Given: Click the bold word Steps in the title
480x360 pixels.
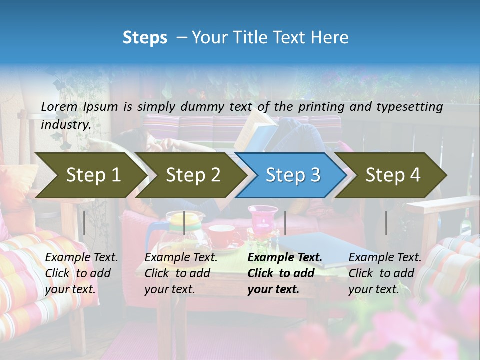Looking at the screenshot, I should pos(145,38).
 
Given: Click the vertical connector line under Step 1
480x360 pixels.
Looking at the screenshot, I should pos(84,223).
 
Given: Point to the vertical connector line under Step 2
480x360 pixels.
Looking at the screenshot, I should pos(184,223).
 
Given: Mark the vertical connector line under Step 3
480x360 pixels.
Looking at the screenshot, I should pos(285,223).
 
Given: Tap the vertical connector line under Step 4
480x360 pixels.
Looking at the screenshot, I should pos(386,223).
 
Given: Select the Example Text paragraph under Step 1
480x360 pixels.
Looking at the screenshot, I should pos(81,273).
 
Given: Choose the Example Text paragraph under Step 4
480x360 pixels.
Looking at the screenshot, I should pos(385,273).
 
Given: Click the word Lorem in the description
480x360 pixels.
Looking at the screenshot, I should pos(59,106).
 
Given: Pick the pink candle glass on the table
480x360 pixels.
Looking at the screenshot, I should pos(263,219).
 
